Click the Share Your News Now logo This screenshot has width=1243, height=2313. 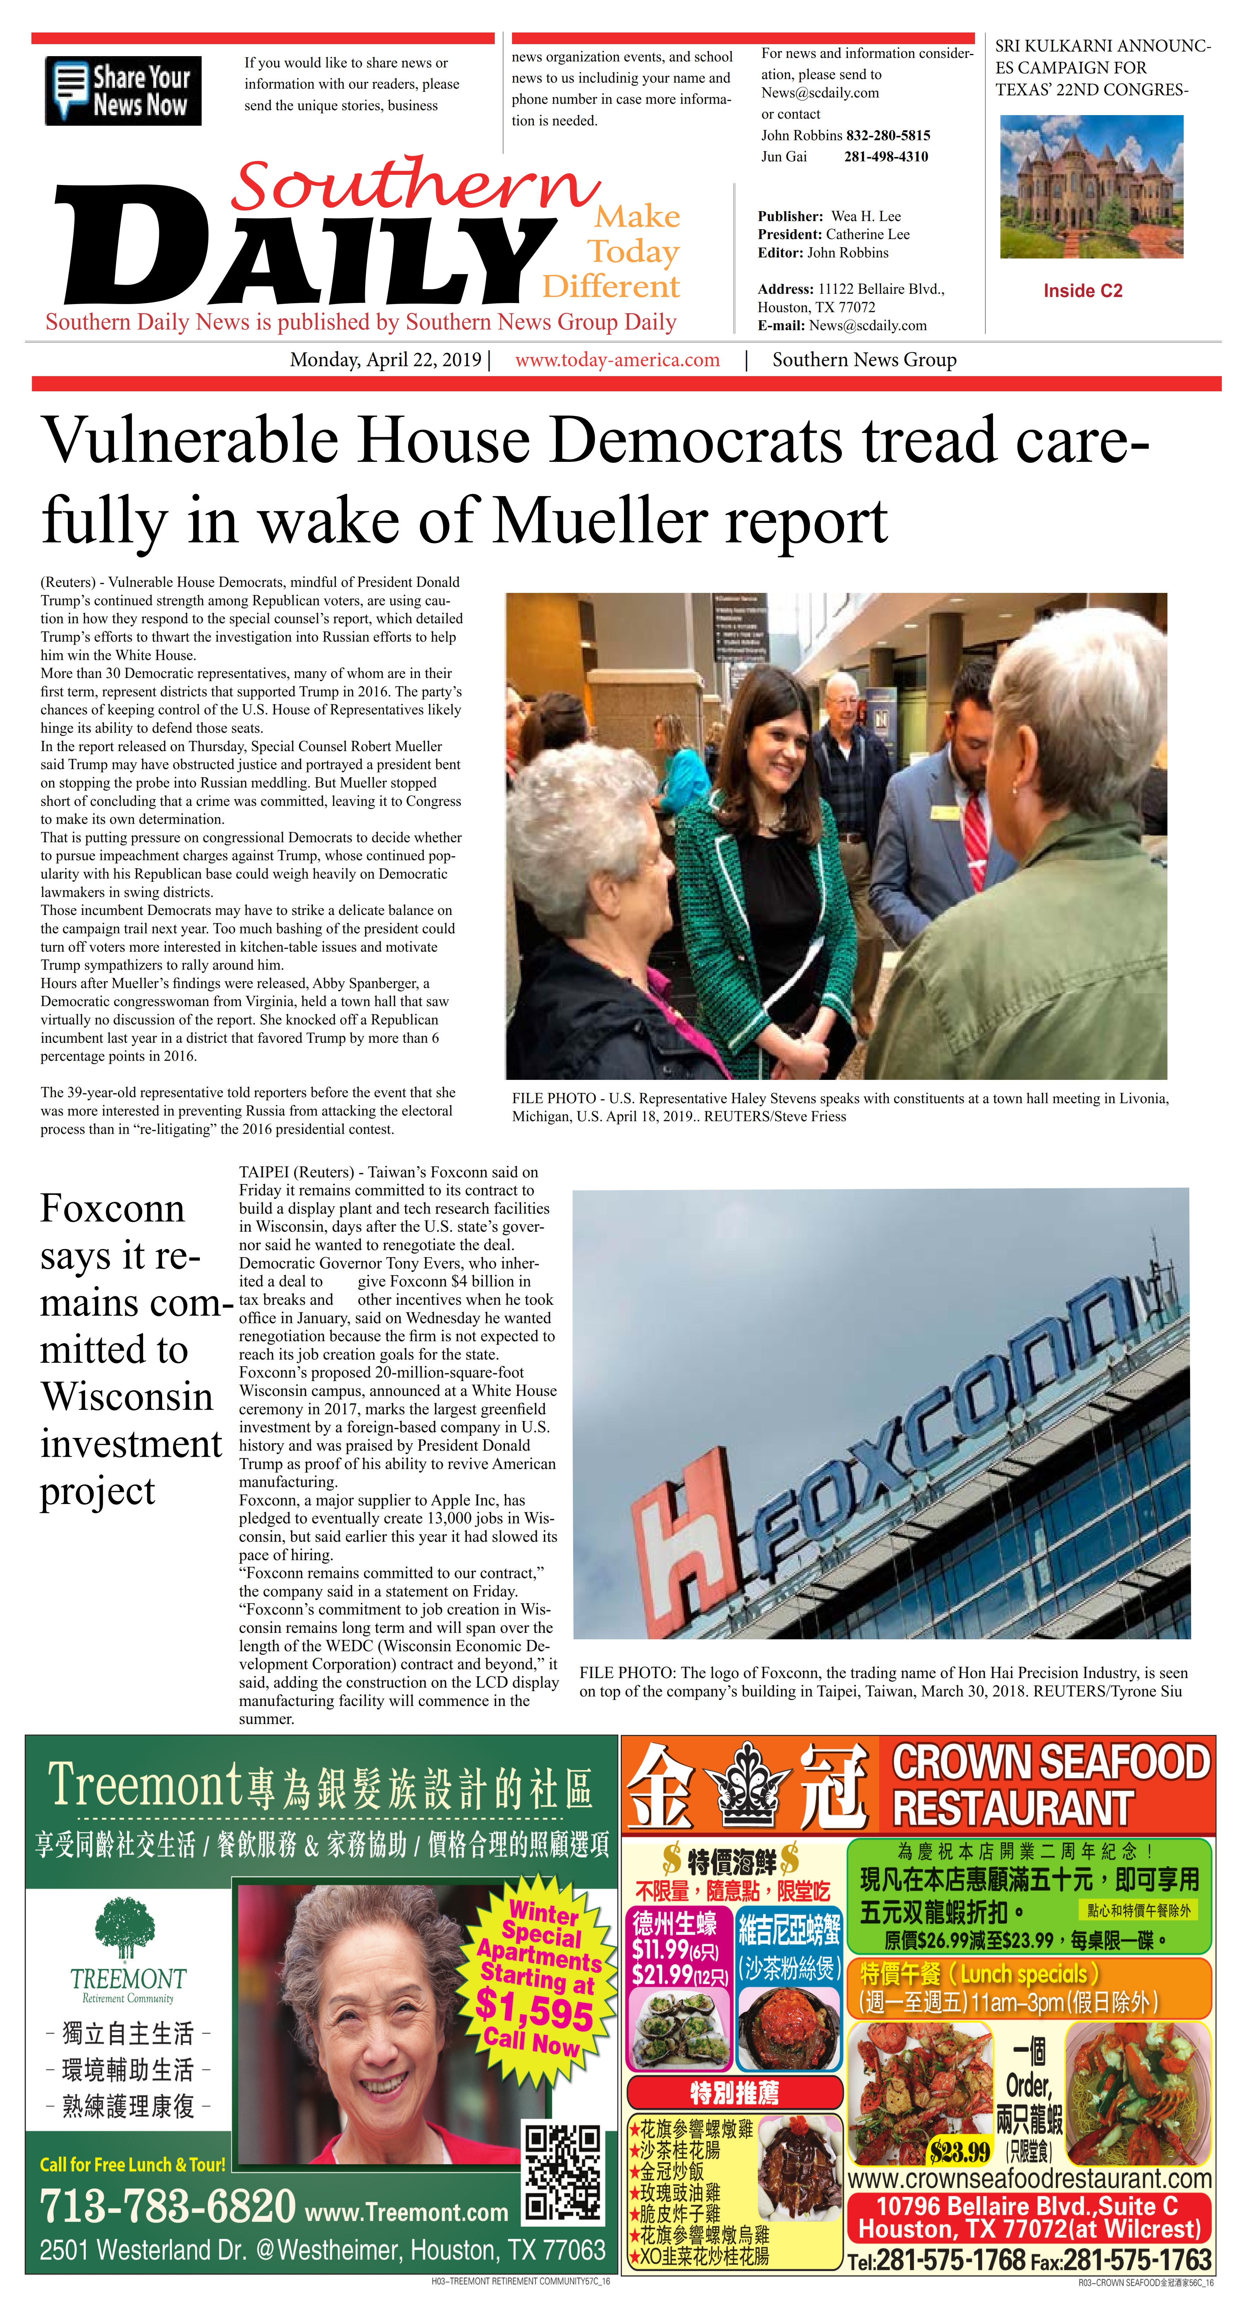(x=123, y=91)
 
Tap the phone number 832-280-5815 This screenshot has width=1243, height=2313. (x=887, y=136)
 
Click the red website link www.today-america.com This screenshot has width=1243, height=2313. (x=617, y=360)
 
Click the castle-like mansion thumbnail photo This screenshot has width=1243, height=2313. (x=1091, y=187)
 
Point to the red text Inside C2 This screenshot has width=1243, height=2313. (x=1082, y=291)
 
